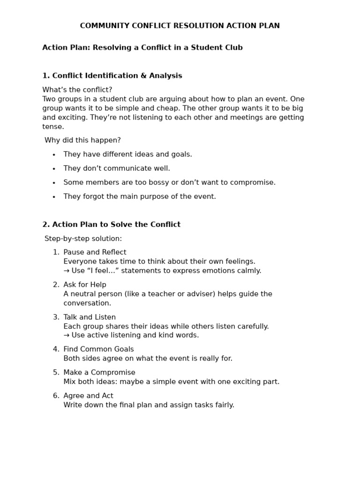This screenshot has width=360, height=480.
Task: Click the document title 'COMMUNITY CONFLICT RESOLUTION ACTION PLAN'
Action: point(180,26)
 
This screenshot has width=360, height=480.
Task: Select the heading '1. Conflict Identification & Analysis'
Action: point(112,76)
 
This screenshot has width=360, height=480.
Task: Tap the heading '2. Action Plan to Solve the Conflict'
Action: point(111,225)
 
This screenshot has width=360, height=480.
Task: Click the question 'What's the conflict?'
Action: point(77,90)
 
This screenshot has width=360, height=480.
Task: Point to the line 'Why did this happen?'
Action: point(82,140)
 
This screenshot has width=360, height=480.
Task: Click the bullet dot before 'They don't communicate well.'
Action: point(54,169)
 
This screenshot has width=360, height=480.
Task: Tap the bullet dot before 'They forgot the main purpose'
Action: point(54,197)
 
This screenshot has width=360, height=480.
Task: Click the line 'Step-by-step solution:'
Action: point(83,239)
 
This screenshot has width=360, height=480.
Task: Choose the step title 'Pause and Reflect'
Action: point(95,252)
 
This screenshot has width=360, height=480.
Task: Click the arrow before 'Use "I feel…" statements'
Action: point(67,271)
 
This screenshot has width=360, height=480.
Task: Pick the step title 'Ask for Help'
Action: point(85,285)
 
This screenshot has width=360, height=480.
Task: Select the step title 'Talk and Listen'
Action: point(90,317)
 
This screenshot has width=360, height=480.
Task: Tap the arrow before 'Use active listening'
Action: point(67,336)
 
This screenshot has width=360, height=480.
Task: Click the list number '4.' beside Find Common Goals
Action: point(56,349)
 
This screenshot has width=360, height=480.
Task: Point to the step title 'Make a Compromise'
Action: point(99,373)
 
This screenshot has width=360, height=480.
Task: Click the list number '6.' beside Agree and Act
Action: point(56,396)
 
